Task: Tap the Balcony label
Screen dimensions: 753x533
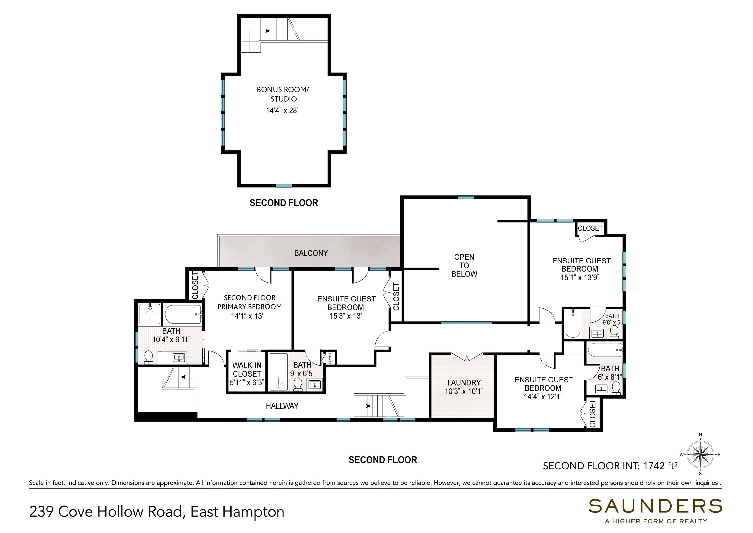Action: click(311, 253)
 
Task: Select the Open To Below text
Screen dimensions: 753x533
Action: click(464, 265)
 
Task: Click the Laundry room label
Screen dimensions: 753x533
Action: click(464, 383)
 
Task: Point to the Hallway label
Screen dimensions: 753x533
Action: click(282, 406)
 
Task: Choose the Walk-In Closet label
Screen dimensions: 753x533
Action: click(247, 369)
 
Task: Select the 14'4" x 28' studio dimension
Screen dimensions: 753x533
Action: click(282, 111)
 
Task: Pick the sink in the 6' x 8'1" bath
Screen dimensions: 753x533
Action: click(600, 389)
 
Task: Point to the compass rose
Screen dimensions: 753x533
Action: click(700, 455)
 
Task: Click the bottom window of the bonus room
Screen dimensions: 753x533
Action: click(284, 185)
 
